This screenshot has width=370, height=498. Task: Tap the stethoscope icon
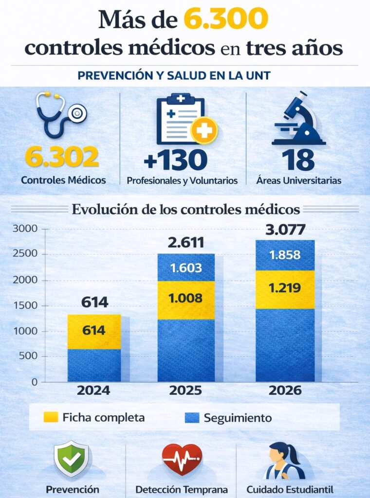60,115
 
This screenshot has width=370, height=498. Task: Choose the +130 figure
176,160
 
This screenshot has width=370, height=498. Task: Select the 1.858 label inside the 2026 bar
285,255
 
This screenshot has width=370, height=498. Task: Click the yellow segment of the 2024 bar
94,331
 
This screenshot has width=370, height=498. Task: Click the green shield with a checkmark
71,459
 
